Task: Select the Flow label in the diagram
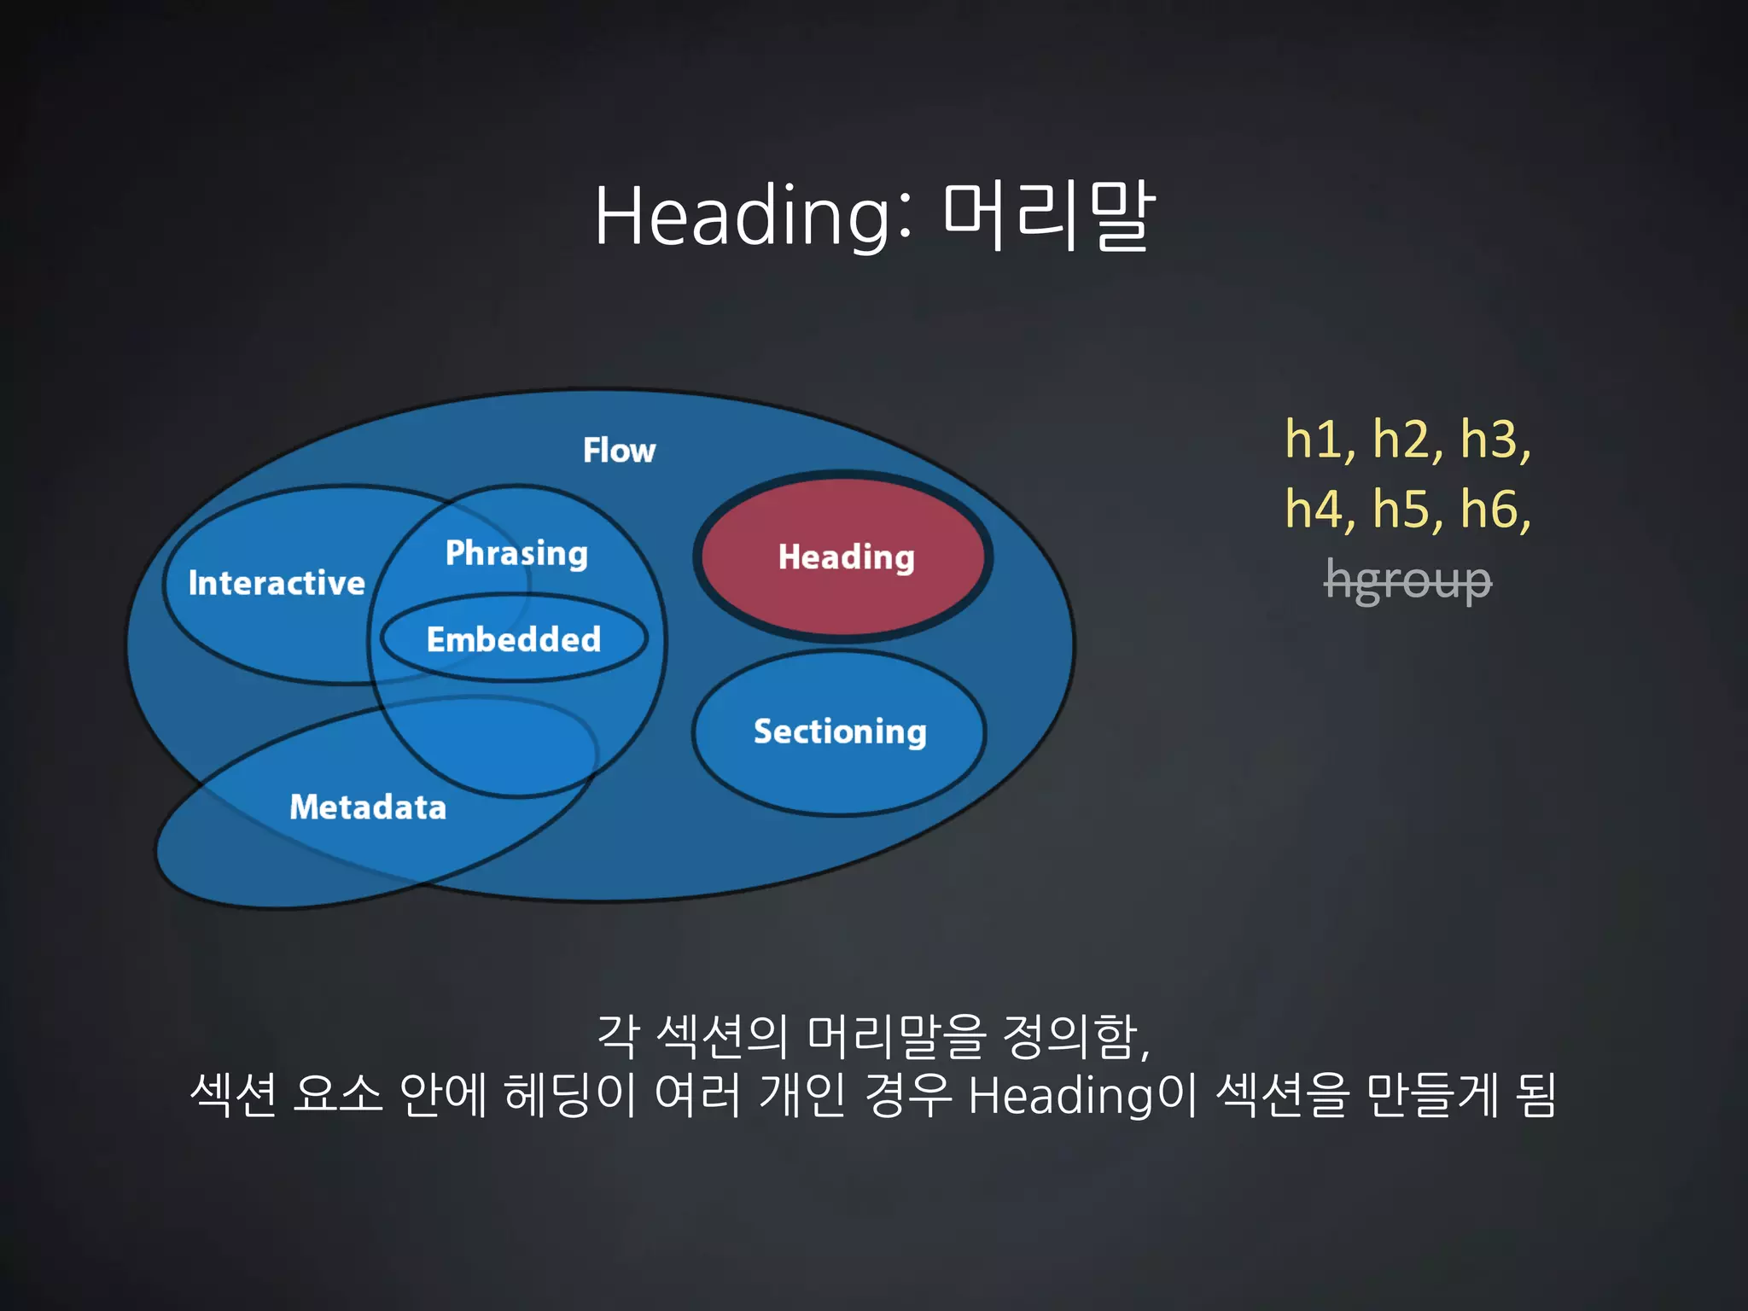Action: click(619, 450)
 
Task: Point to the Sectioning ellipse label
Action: click(840, 731)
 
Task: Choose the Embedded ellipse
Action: click(513, 639)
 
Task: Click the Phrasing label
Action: click(516, 553)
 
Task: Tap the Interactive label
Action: click(277, 583)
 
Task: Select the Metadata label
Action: click(368, 807)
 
